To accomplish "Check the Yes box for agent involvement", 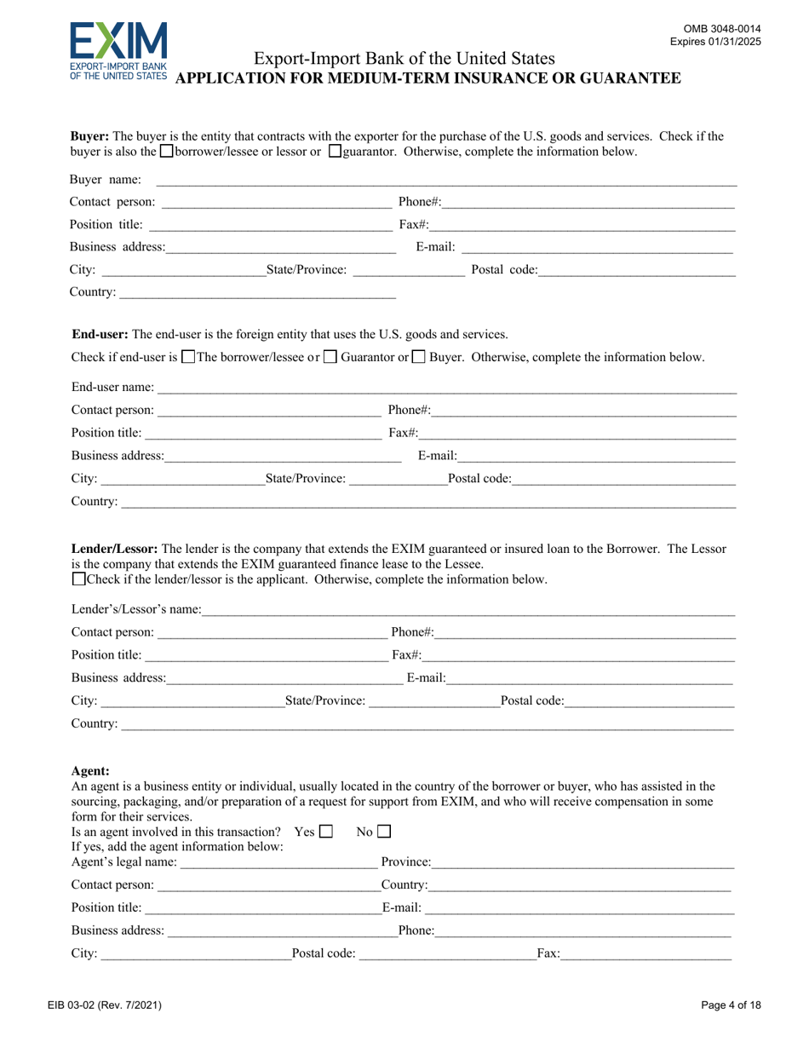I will (x=325, y=831).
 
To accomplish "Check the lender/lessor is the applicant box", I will (x=79, y=579).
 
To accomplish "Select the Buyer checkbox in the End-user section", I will (x=419, y=358).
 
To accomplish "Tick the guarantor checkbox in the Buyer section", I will (x=335, y=152).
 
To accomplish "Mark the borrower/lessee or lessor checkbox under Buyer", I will (x=167, y=152).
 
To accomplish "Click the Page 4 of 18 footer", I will (x=731, y=1005).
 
